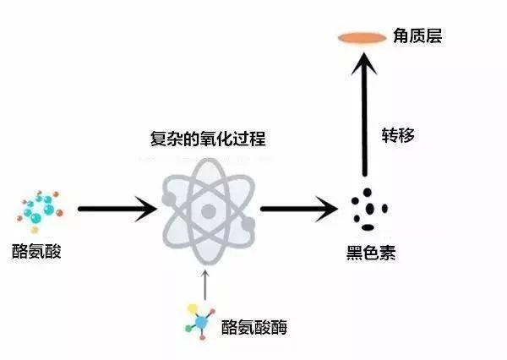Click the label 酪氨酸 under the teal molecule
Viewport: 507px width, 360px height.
(x=36, y=251)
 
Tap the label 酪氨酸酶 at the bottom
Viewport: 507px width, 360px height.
(x=254, y=327)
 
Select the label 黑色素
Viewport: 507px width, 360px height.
(x=371, y=253)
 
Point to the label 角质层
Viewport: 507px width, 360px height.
(x=417, y=35)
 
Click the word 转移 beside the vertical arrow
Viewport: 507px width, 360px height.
(x=398, y=135)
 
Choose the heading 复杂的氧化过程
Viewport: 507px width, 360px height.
(x=208, y=139)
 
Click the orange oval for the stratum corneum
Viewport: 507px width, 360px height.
(x=363, y=38)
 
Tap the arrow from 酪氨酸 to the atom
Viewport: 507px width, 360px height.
(x=117, y=209)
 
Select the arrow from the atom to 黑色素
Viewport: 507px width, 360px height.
(x=299, y=209)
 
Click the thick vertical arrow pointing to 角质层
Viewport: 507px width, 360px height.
(x=364, y=115)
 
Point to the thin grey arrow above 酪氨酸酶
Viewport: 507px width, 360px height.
(x=205, y=286)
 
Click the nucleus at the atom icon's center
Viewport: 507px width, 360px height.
(x=208, y=211)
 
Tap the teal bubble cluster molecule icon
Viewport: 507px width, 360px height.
(x=40, y=211)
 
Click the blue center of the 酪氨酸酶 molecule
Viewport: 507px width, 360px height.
(x=201, y=322)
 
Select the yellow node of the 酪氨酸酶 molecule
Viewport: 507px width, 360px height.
(x=193, y=308)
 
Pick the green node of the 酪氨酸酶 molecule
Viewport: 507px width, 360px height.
(x=188, y=329)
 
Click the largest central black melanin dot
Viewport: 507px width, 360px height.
(x=370, y=209)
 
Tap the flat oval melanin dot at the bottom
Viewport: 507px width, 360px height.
(x=368, y=227)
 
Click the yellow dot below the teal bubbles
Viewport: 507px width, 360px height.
(x=35, y=230)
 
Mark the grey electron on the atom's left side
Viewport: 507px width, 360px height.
(x=168, y=199)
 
